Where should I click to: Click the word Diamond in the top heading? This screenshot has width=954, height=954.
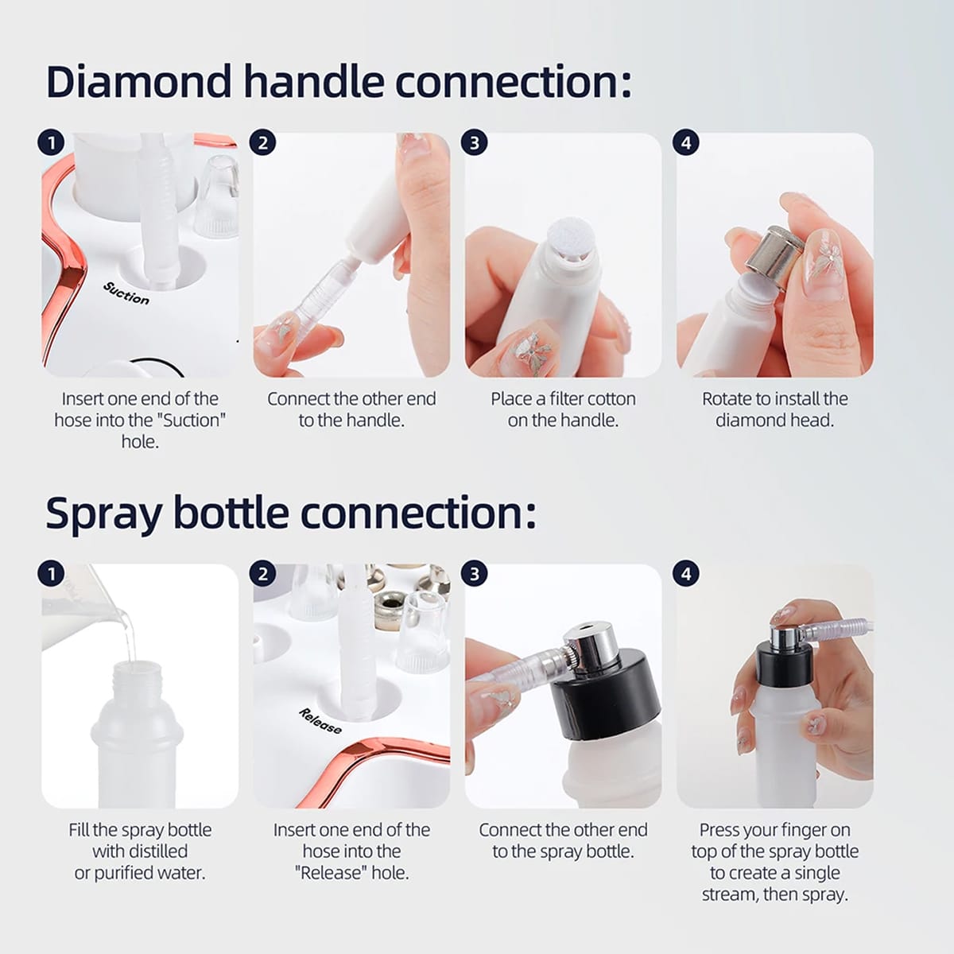pos(138,82)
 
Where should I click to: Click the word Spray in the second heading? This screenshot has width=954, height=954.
pos(103,513)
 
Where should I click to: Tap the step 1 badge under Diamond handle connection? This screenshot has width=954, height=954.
pos(51,143)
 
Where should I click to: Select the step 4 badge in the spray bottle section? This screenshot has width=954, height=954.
pos(686,574)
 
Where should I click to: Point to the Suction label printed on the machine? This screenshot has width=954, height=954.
pos(126,293)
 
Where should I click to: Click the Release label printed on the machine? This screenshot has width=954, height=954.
pos(320,720)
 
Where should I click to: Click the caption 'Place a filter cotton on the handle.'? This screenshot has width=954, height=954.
pos(563,409)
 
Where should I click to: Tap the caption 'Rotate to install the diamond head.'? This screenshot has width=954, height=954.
pos(774,409)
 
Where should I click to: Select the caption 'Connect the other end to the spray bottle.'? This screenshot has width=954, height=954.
pos(563,840)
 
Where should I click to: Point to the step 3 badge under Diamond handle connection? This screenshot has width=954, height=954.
pos(475,143)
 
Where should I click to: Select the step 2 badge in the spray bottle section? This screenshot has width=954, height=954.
pos(263,574)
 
